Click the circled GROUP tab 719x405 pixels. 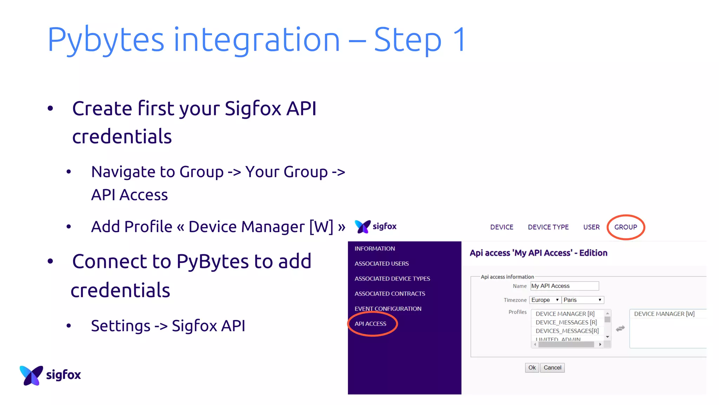pyautogui.click(x=625, y=227)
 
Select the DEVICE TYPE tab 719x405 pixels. pyautogui.click(x=548, y=227)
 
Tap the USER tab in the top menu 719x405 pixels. pyautogui.click(x=591, y=227)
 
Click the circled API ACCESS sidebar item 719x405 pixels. pyautogui.click(x=370, y=324)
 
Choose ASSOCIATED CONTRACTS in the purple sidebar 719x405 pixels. pyautogui.click(x=390, y=294)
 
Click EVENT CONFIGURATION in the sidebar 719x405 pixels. pyautogui.click(x=388, y=309)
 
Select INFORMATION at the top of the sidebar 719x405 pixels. pyautogui.click(x=375, y=249)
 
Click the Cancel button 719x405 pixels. pyautogui.click(x=552, y=368)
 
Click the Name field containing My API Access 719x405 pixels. pyautogui.click(x=564, y=286)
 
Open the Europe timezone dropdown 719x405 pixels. pyautogui.click(x=545, y=300)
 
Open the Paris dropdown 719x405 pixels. pyautogui.click(x=582, y=300)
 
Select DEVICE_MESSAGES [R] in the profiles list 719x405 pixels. pyautogui.click(x=566, y=322)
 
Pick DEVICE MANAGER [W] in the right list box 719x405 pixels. pyautogui.click(x=664, y=314)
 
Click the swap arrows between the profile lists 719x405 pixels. pyautogui.click(x=620, y=328)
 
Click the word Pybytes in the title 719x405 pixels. pyautogui.click(x=106, y=40)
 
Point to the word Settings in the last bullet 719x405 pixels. pyautogui.click(x=121, y=326)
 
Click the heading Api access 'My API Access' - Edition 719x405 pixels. pyautogui.click(x=538, y=253)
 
